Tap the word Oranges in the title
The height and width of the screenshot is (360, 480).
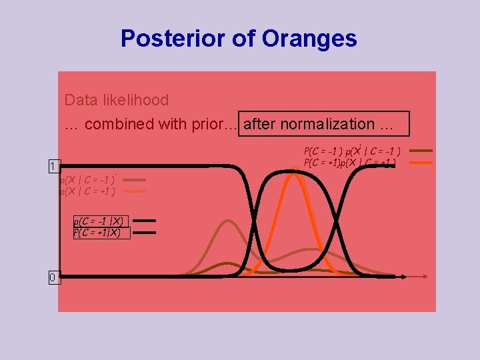[x=310, y=39]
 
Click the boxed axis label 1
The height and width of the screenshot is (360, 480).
[x=52, y=166]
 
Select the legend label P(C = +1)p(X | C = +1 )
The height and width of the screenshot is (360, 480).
[x=350, y=162]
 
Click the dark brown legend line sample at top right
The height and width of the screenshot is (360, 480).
[x=421, y=151]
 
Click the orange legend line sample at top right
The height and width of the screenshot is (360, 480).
[x=421, y=162]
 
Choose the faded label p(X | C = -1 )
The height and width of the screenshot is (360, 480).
[x=87, y=179]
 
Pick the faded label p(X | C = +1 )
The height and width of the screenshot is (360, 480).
[x=87, y=191]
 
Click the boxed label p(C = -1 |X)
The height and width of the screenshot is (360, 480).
[x=99, y=221]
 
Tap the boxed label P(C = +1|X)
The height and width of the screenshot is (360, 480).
[x=99, y=233]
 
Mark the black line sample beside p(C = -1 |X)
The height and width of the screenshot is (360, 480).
[x=145, y=221]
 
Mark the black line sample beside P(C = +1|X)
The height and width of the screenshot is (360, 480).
[x=145, y=233]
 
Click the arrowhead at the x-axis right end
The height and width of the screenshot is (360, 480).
[x=404, y=275]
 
